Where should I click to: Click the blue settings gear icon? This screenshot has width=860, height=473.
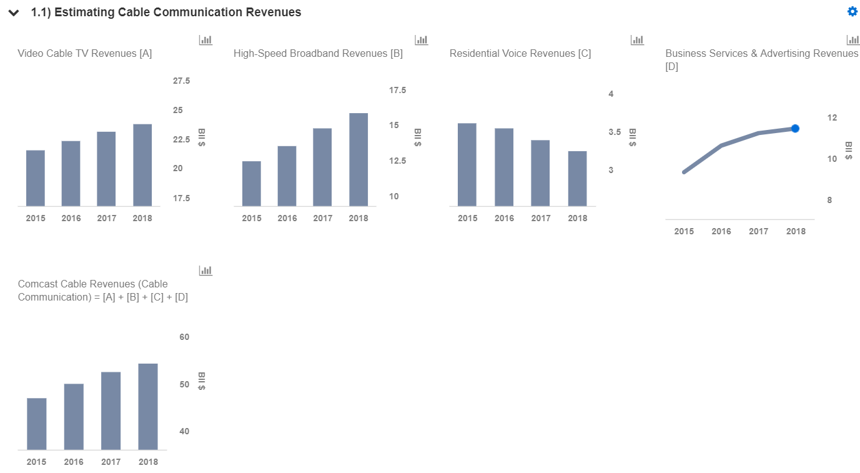pyautogui.click(x=853, y=11)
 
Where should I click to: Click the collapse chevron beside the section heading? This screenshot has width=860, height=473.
pyautogui.click(x=14, y=13)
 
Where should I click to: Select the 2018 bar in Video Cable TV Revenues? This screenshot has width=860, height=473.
pyautogui.click(x=142, y=165)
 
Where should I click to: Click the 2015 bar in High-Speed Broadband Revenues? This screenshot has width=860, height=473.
pyautogui.click(x=252, y=184)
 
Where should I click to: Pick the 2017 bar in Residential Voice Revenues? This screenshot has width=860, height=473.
pyautogui.click(x=540, y=173)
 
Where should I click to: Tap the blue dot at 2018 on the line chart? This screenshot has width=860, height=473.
pyautogui.click(x=795, y=129)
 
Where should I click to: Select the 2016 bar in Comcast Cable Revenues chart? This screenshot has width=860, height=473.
pyautogui.click(x=74, y=417)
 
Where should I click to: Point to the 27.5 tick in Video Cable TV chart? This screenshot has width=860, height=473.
pyautogui.click(x=181, y=81)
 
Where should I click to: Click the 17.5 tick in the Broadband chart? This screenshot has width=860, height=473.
pyautogui.click(x=397, y=91)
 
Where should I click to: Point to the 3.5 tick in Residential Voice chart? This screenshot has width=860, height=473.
pyautogui.click(x=615, y=132)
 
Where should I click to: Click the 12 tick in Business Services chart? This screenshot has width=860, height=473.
pyautogui.click(x=832, y=117)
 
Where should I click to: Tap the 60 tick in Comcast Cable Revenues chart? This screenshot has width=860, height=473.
pyautogui.click(x=184, y=337)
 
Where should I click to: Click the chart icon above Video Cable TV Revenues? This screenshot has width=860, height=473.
pyautogui.click(x=205, y=40)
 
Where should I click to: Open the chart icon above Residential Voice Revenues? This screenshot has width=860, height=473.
pyautogui.click(x=637, y=40)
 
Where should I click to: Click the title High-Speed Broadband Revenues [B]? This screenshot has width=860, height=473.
pyautogui.click(x=319, y=53)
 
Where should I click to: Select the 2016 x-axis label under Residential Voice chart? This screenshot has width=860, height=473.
pyautogui.click(x=504, y=218)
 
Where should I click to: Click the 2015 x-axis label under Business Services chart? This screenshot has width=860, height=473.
pyautogui.click(x=684, y=231)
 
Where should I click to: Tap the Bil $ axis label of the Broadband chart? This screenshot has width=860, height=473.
pyautogui.click(x=418, y=137)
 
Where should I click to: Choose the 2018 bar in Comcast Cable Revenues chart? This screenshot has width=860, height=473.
pyautogui.click(x=148, y=407)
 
